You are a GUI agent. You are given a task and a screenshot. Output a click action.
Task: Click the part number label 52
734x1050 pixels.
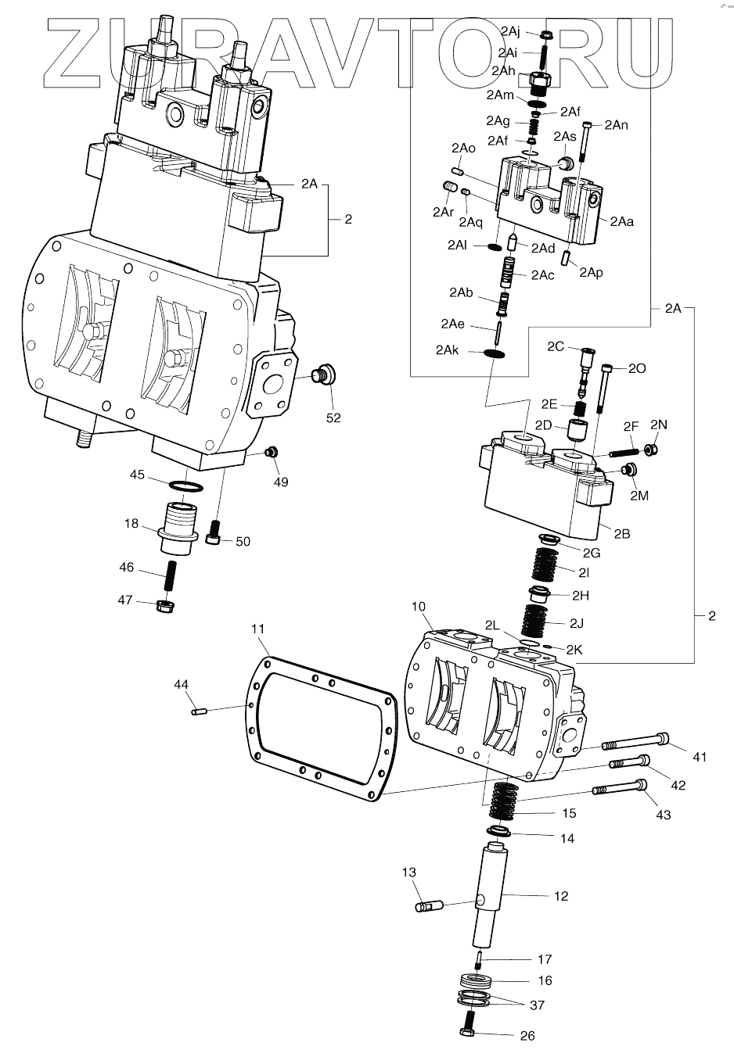333,417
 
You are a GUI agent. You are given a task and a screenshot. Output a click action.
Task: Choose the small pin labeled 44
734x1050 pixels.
199,710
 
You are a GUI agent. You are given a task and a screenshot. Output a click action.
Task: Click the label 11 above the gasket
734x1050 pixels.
259,629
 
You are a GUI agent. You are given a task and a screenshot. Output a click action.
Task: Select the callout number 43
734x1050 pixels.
663,815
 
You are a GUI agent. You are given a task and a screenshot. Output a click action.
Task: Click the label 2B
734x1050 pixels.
622,534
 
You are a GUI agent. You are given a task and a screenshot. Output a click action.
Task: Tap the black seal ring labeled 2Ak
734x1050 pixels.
495,354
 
